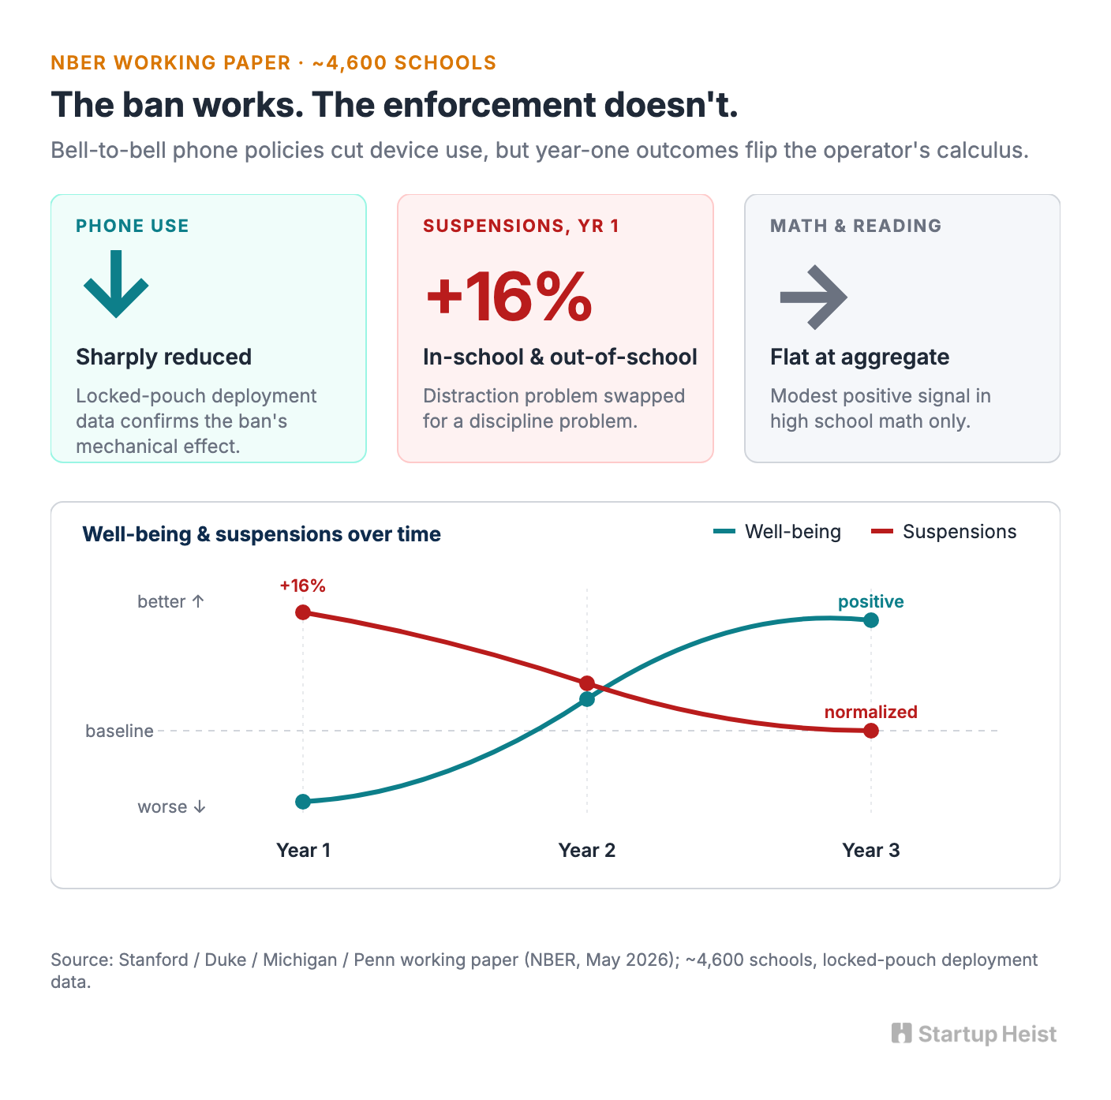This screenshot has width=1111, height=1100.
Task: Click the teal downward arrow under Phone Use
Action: coord(116,284)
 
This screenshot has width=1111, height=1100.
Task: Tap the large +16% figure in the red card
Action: coord(509,297)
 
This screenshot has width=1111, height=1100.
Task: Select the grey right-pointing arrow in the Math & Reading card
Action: coord(813,297)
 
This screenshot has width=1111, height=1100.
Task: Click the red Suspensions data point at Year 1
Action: coord(303,612)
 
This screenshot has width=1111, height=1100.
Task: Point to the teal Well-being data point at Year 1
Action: coord(303,801)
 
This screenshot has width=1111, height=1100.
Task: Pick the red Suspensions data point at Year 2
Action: coord(587,683)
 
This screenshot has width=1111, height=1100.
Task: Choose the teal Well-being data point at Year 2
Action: coord(587,700)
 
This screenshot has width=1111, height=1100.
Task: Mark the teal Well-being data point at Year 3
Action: coord(871,620)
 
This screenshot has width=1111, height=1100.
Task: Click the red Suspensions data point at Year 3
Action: coord(871,731)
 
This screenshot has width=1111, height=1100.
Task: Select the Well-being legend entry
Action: coord(776,531)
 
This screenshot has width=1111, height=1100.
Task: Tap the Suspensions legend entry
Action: coord(944,531)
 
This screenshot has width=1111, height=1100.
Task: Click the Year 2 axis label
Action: coord(587,850)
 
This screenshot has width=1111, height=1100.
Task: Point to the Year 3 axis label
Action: coord(871,850)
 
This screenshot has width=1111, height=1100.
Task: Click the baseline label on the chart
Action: coord(119,731)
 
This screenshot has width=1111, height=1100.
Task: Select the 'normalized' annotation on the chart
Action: coord(871,712)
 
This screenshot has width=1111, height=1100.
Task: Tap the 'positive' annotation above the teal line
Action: coord(871,601)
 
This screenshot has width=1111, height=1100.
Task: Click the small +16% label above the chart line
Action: coord(303,586)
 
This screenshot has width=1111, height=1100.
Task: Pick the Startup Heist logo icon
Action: coord(902,1033)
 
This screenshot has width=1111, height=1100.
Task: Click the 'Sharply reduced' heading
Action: coord(164,357)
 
